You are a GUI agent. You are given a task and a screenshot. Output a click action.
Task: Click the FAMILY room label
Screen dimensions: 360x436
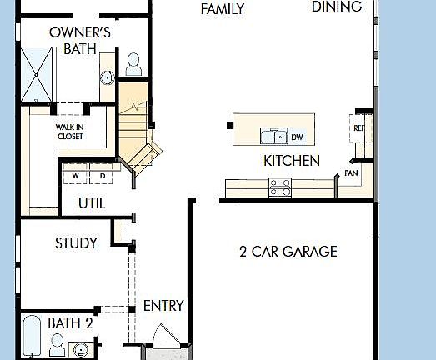click(223, 10)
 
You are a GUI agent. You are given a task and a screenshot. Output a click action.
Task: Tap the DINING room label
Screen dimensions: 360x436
click(337, 7)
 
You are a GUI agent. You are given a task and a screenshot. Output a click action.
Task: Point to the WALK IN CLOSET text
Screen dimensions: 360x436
click(70, 132)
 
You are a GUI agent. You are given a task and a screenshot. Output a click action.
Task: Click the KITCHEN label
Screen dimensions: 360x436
click(292, 160)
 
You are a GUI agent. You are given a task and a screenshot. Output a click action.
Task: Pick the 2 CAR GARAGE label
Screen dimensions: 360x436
click(288, 251)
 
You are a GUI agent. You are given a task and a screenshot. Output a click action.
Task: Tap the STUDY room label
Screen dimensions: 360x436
click(76, 243)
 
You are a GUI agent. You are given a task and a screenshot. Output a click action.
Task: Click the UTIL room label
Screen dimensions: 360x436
click(92, 202)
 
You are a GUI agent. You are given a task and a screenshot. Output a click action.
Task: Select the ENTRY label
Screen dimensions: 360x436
click(163, 306)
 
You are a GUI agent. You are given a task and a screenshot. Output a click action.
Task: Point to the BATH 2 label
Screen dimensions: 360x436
click(70, 323)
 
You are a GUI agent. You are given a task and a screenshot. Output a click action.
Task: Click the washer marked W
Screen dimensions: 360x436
click(75, 176)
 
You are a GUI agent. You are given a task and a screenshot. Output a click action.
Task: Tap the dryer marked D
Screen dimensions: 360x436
click(103, 176)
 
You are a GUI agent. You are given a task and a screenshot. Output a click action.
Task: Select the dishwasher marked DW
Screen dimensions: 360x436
click(296, 135)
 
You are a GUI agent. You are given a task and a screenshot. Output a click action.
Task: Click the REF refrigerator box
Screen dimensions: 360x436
click(359, 127)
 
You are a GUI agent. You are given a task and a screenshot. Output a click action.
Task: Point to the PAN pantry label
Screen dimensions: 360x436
click(351, 173)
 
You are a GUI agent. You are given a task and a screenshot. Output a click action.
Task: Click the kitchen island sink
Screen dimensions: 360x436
click(272, 136)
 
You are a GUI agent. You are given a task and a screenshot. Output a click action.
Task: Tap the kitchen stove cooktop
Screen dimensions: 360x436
click(279, 187)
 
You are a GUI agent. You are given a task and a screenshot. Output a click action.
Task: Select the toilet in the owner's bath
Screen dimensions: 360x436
click(133, 63)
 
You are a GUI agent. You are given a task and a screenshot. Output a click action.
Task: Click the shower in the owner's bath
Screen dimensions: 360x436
click(38, 72)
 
